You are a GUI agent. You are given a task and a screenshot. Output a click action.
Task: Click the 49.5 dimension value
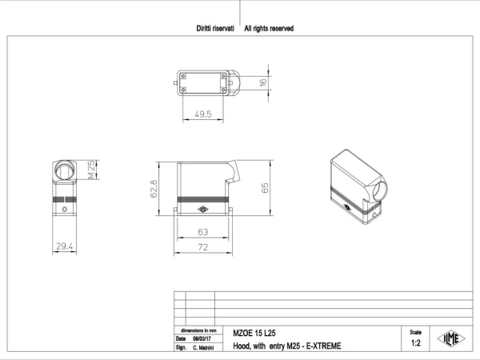point(203,114)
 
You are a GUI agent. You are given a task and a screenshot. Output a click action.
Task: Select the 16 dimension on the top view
point(263,82)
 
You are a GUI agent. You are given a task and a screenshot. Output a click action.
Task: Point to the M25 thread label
point(91,170)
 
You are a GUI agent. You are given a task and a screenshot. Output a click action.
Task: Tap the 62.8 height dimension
point(154,189)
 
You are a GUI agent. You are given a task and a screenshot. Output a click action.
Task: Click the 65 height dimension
point(265,188)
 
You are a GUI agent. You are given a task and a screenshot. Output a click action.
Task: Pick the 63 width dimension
point(203,232)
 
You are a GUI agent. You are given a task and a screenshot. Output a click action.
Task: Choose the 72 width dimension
point(203,247)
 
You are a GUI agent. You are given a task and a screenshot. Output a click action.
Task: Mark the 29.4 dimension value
point(64,246)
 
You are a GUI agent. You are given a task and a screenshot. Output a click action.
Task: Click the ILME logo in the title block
point(451,338)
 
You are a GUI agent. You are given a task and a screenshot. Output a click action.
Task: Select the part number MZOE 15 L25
point(254,333)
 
